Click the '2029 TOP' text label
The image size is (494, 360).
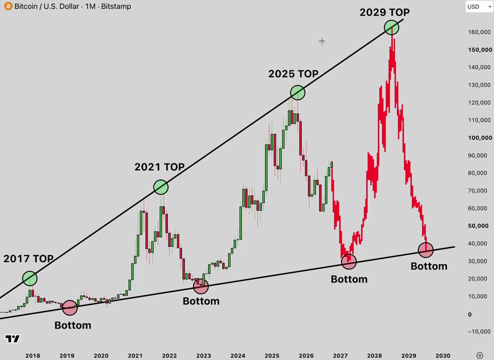(x=384, y=12)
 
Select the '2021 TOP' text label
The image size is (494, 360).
(x=159, y=166)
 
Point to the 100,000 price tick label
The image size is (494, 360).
(x=480, y=137)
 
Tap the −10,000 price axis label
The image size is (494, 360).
(x=479, y=331)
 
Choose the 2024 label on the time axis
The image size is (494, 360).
(x=238, y=355)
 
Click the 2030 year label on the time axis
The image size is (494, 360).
(x=442, y=355)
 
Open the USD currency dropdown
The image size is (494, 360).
(x=479, y=6)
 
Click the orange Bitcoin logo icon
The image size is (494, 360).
(x=8, y=6)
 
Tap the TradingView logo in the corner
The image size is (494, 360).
(x=12, y=338)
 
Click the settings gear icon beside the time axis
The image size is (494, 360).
(x=479, y=355)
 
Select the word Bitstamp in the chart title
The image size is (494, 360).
(x=116, y=6)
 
